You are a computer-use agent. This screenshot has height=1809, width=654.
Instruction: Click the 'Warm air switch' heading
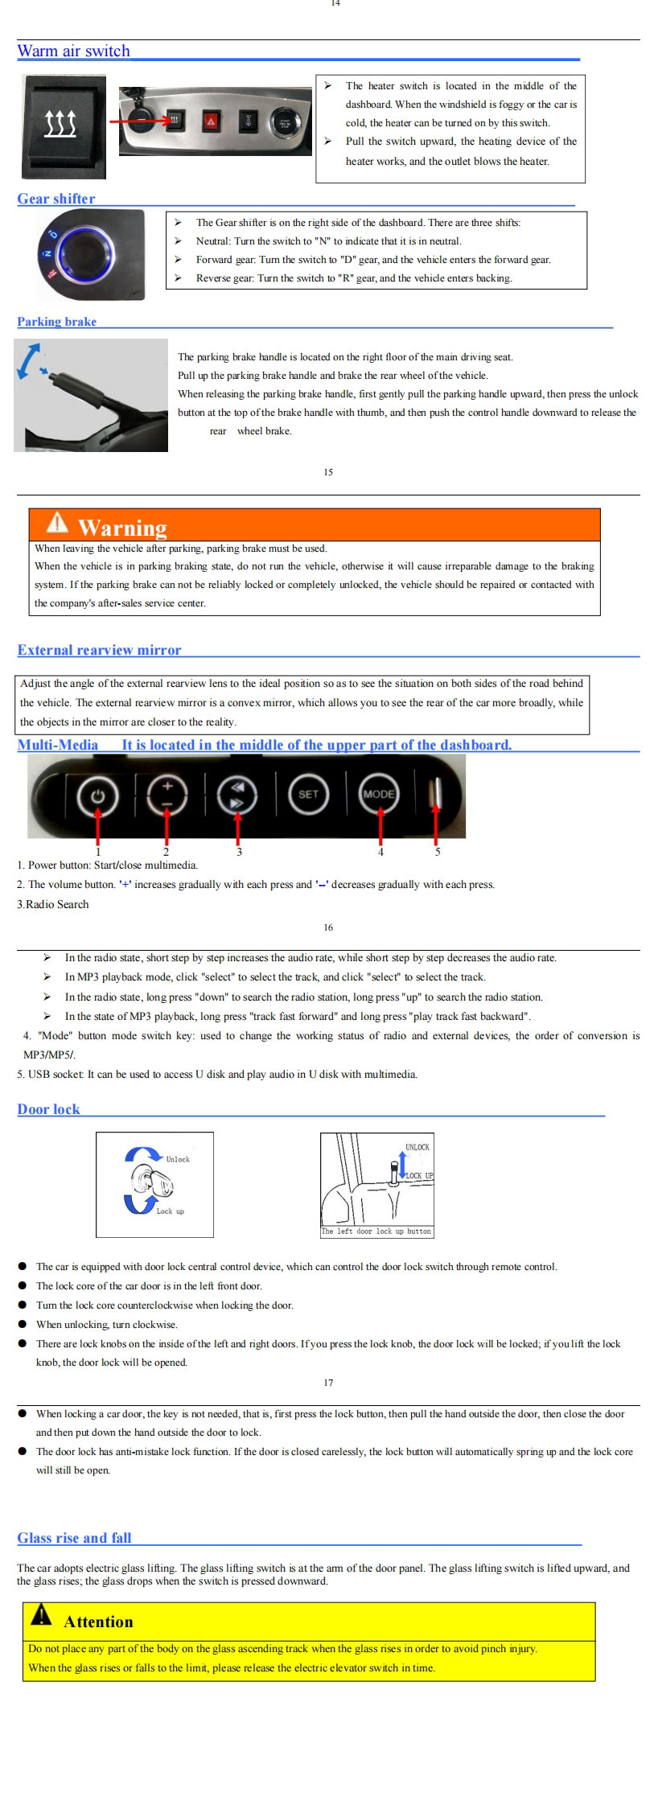(73, 51)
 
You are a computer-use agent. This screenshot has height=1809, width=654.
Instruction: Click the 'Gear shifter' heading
(56, 199)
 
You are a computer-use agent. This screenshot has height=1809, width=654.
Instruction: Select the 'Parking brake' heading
(56, 322)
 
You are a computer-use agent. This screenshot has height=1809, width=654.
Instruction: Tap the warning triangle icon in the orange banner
(57, 524)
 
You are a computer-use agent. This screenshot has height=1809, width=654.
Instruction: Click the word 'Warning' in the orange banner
(122, 528)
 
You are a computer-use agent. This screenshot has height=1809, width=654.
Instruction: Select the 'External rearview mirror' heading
(99, 650)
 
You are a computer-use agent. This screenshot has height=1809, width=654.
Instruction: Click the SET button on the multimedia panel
(309, 794)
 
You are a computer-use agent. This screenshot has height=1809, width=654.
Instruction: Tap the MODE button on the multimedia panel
(379, 794)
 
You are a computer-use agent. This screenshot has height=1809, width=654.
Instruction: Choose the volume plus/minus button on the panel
(167, 795)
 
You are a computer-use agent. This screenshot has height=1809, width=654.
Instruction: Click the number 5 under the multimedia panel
(438, 852)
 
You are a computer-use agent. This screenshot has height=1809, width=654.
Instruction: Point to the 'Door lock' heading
(48, 1109)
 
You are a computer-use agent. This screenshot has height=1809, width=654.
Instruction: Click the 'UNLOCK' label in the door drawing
(417, 1147)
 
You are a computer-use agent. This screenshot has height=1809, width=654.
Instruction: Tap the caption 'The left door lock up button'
(376, 1231)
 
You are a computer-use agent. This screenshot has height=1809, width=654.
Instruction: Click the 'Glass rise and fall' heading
(74, 1538)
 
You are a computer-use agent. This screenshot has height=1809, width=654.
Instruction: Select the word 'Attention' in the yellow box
(98, 1622)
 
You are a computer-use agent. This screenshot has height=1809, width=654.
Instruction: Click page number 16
(328, 927)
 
